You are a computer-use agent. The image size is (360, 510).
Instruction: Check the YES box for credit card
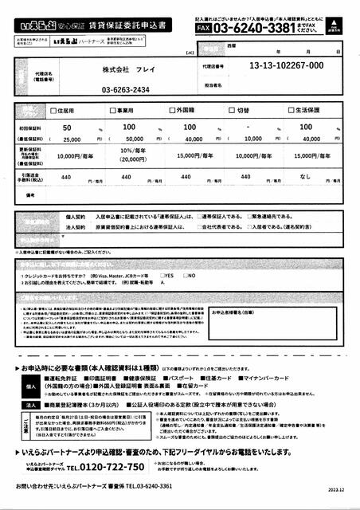tap(162, 275)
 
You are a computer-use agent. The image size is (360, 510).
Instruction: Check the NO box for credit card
tap(183, 275)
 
